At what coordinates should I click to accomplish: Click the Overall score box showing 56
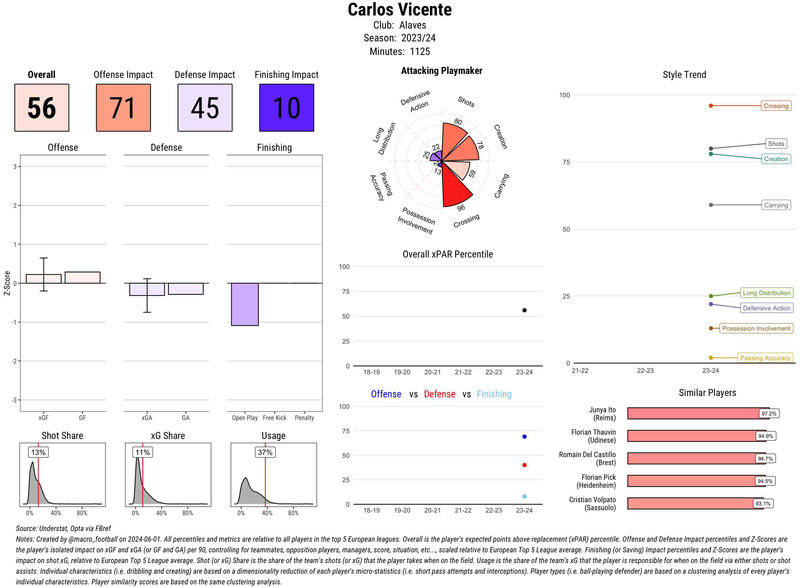pyautogui.click(x=42, y=108)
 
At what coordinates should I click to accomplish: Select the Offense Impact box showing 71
pyautogui.click(x=123, y=108)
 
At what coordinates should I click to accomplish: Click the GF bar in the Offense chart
pyautogui.click(x=82, y=277)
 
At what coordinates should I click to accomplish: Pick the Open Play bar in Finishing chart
pyautogui.click(x=245, y=304)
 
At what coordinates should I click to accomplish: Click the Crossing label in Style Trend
pyautogui.click(x=775, y=106)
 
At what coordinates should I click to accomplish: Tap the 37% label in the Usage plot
pyautogui.click(x=265, y=452)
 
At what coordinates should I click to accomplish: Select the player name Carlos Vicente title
pyautogui.click(x=399, y=10)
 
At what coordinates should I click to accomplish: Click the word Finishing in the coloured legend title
pyautogui.click(x=494, y=394)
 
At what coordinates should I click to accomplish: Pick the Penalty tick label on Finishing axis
pyautogui.click(x=304, y=418)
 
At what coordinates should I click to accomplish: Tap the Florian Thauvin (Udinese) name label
pyautogui.click(x=593, y=436)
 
